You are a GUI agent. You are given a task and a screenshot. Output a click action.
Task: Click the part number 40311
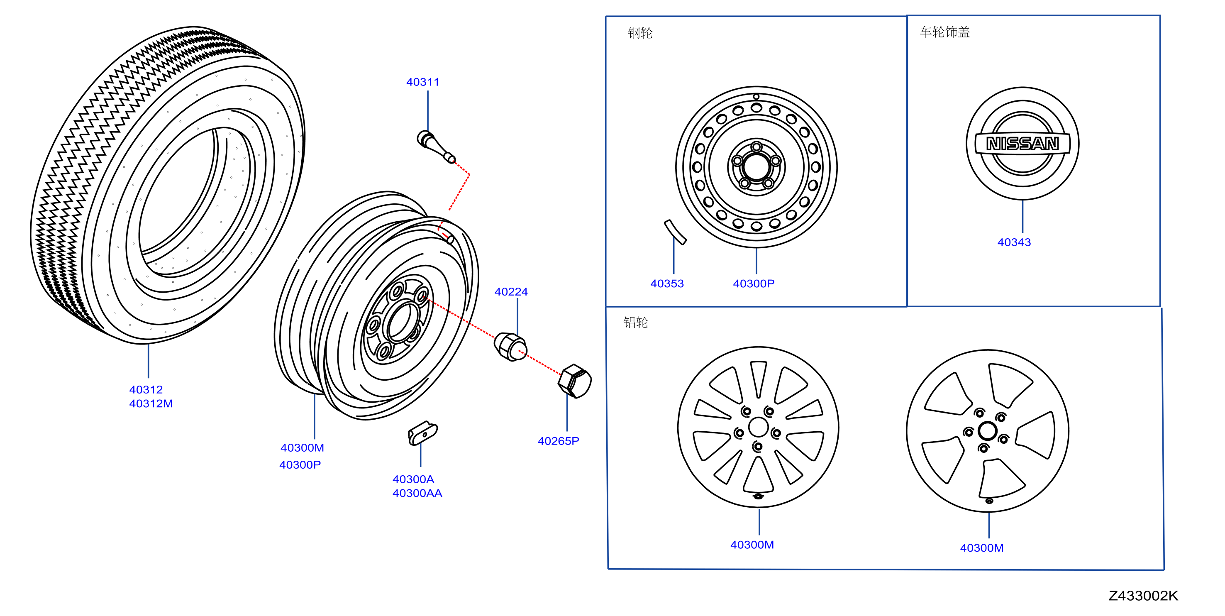click(423, 82)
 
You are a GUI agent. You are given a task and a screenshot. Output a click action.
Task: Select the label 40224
click(511, 291)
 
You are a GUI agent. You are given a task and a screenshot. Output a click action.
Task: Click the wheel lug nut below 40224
click(510, 346)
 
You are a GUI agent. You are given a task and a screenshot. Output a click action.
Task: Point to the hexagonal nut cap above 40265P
click(575, 381)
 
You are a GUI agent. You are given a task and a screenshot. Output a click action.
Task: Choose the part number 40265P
click(558, 441)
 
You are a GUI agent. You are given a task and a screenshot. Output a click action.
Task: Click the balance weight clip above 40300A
click(422, 433)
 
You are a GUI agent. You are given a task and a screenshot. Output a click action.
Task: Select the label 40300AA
click(417, 493)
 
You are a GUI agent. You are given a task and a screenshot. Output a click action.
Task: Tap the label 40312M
click(151, 403)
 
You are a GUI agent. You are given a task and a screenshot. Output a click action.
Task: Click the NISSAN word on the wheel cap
click(1022, 143)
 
